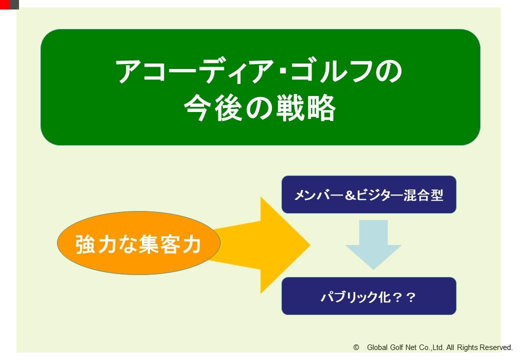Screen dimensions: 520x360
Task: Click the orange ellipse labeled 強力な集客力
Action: click(138, 243)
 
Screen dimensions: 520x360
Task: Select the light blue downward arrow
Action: click(373, 244)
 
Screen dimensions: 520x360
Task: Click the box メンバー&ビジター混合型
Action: click(369, 194)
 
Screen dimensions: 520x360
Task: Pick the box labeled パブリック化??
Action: click(369, 296)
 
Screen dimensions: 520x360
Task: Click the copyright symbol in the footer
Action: click(356, 347)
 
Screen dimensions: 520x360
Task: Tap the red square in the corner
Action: click(4, 4)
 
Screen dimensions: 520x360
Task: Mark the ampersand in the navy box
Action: click(350, 195)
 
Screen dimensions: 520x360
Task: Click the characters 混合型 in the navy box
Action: click(423, 195)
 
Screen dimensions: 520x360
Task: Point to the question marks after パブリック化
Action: click(404, 297)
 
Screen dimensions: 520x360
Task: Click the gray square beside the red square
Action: click(14, 4)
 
